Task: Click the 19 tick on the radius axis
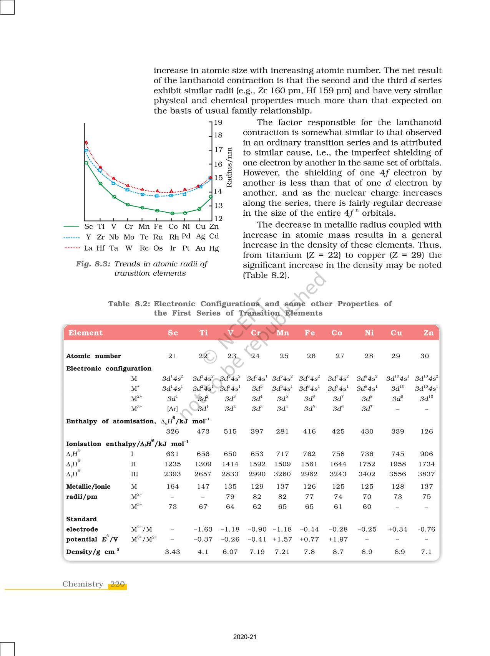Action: [x=218, y=123]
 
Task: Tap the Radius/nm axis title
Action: [x=229, y=167]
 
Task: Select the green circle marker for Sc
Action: [x=86, y=163]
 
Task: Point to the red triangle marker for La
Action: [x=86, y=142]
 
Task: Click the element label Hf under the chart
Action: [x=101, y=248]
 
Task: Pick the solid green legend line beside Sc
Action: [x=72, y=226]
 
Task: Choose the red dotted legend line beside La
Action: [x=72, y=248]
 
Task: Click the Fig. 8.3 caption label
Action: [x=93, y=264]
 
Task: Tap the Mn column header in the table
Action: [x=282, y=333]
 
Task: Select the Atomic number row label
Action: [x=93, y=356]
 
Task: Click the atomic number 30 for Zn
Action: [x=425, y=356]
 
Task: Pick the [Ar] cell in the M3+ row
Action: [x=173, y=409]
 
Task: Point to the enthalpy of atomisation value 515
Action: [x=230, y=431]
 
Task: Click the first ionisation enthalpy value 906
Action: [x=427, y=454]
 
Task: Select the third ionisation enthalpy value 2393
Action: [x=173, y=474]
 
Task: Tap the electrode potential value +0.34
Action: [x=397, y=529]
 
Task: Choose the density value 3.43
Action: [x=173, y=552]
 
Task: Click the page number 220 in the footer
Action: [x=117, y=584]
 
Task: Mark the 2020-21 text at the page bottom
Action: [x=245, y=637]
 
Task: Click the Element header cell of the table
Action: [x=86, y=333]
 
